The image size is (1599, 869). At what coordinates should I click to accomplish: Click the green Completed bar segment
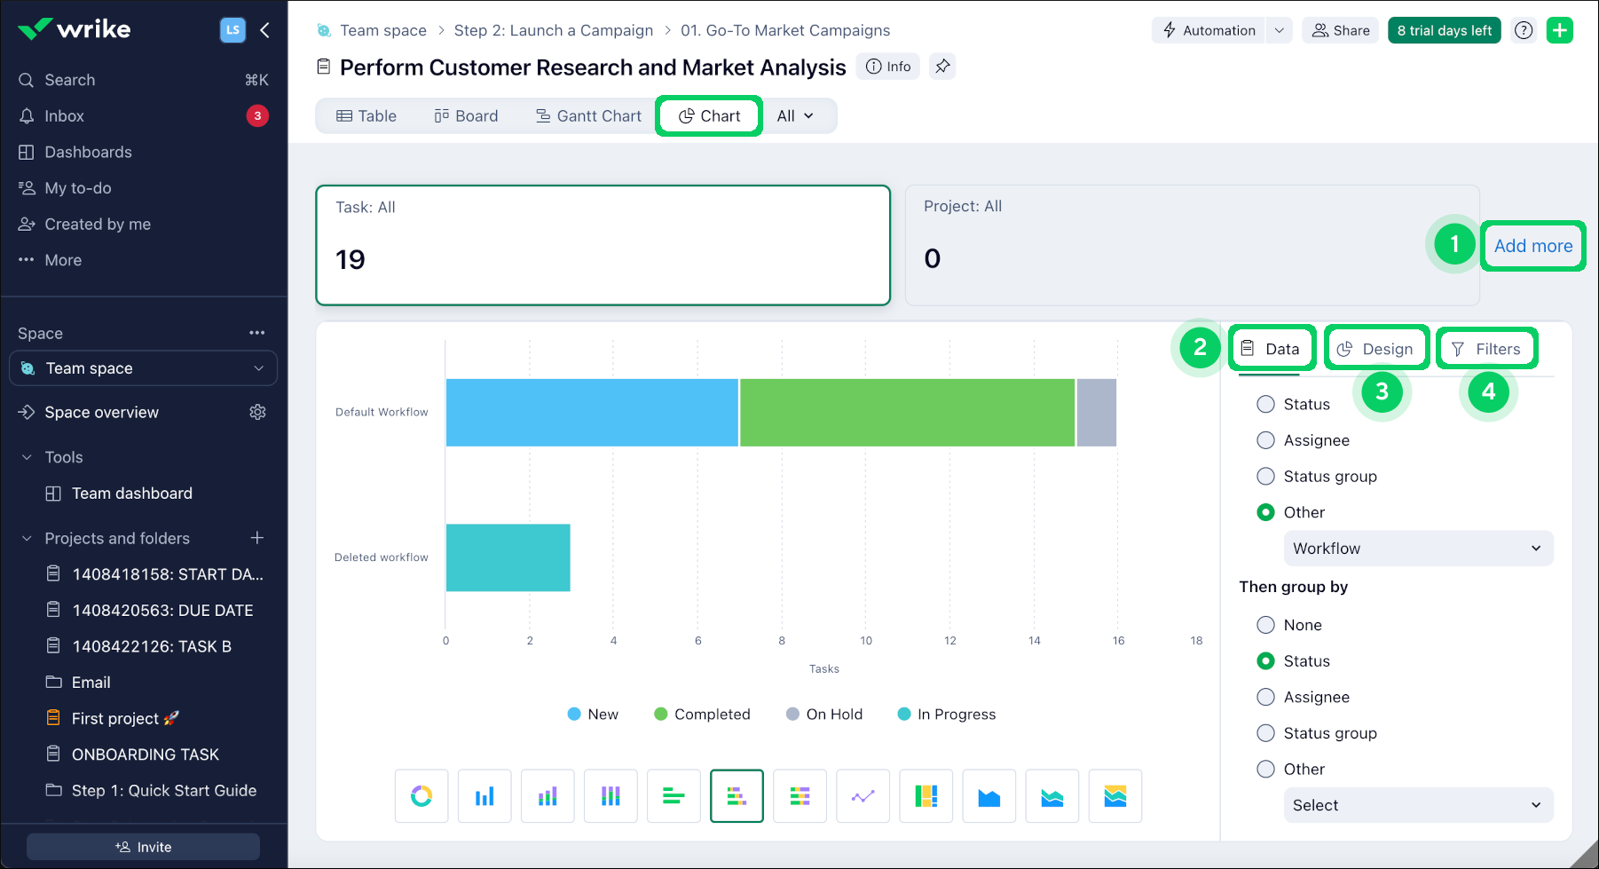(907, 413)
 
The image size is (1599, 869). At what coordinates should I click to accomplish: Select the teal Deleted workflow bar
(508, 557)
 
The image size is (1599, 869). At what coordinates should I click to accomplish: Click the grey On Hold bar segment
(1096, 413)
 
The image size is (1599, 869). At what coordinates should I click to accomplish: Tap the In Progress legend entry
(947, 715)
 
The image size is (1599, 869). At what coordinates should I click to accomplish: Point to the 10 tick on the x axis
(866, 641)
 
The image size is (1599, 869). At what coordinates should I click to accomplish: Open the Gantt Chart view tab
(588, 116)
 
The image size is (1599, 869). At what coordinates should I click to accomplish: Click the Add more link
(1532, 246)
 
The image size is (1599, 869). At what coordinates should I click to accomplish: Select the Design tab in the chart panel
(1376, 349)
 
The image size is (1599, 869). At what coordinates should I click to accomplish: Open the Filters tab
(1486, 349)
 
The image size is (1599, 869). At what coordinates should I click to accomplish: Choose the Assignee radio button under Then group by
(1266, 698)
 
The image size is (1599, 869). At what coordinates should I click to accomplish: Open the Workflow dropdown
(1417, 549)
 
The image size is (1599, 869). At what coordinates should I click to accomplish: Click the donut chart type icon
(421, 796)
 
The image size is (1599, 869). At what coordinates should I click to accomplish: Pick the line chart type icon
(863, 796)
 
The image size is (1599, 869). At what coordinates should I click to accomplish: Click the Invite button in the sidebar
(143, 847)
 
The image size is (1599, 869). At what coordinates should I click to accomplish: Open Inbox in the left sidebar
(65, 116)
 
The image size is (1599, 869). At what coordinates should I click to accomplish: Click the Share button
(1341, 30)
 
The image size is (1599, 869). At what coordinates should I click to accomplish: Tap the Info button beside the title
(888, 67)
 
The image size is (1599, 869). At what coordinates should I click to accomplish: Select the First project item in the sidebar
(115, 718)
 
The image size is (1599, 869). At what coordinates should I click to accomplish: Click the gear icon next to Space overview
(257, 412)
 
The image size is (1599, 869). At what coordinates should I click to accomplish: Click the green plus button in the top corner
(1559, 30)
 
